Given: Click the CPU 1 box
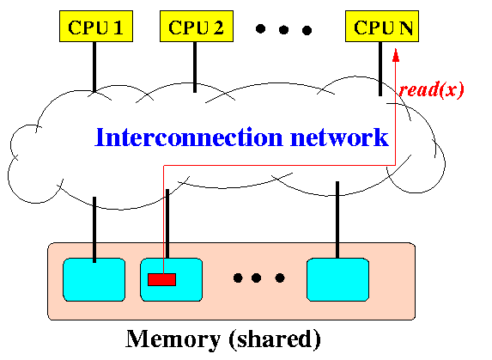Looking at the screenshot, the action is (96, 26).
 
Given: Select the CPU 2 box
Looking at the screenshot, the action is (197, 26).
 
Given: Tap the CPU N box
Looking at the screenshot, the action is (382, 26).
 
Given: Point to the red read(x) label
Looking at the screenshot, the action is (431, 89).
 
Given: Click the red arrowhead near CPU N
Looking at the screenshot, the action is (396, 55).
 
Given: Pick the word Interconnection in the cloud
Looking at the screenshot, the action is (189, 137).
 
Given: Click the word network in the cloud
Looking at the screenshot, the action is (339, 137).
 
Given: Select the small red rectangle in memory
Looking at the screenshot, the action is (162, 279).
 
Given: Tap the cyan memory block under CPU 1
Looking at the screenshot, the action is (94, 279).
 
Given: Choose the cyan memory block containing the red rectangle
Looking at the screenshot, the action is (172, 279).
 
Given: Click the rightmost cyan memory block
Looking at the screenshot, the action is (337, 279).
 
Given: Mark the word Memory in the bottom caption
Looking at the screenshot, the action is (173, 339).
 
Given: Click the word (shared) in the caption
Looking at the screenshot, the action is (275, 339).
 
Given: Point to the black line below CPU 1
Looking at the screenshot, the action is (94, 67).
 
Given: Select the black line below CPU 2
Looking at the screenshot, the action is (195, 67).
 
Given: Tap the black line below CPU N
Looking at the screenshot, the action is (380, 69).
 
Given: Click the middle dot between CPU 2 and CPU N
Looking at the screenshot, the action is (283, 30).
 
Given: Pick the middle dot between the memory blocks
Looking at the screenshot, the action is (257, 278).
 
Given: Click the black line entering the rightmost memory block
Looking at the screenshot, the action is (337, 220).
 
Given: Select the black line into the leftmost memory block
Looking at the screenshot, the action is (94, 229).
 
